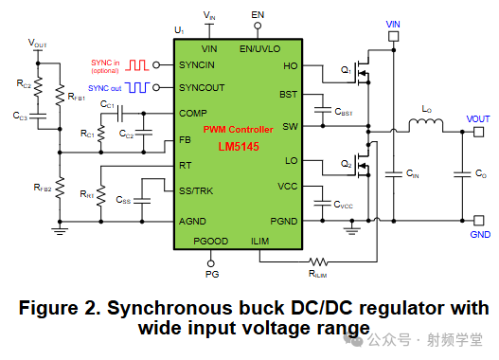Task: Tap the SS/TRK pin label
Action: pyautogui.click(x=199, y=190)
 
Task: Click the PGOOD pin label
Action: pyautogui.click(x=210, y=241)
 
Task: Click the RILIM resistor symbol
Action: pyautogui.click(x=319, y=261)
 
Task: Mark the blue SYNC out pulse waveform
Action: pyautogui.click(x=141, y=87)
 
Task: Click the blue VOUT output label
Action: pyautogui.click(x=478, y=117)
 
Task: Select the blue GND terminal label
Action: pyautogui.click(x=481, y=234)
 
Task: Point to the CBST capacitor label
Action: pyautogui.click(x=343, y=112)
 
